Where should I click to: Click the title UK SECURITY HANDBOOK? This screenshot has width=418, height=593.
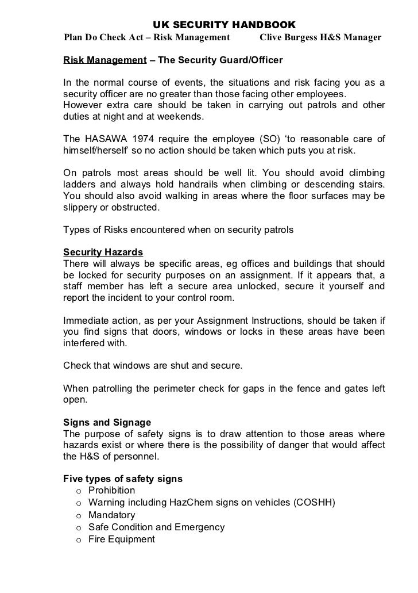coord(224,26)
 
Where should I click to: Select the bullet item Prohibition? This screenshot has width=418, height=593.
coord(112,491)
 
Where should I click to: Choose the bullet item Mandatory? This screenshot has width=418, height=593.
coord(112,515)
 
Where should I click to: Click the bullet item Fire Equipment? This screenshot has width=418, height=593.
coord(122,540)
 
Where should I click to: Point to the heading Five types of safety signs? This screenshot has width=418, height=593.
coord(123,479)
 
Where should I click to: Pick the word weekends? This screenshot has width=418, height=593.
coord(182,117)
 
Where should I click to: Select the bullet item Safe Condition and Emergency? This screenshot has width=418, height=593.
coord(157,527)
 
